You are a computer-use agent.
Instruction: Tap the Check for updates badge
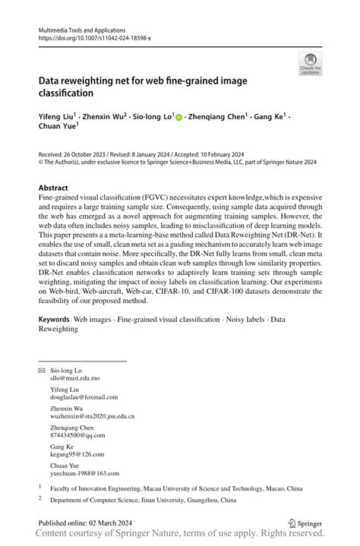309,65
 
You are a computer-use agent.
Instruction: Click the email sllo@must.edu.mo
74,377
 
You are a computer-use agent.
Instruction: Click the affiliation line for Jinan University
144,500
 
